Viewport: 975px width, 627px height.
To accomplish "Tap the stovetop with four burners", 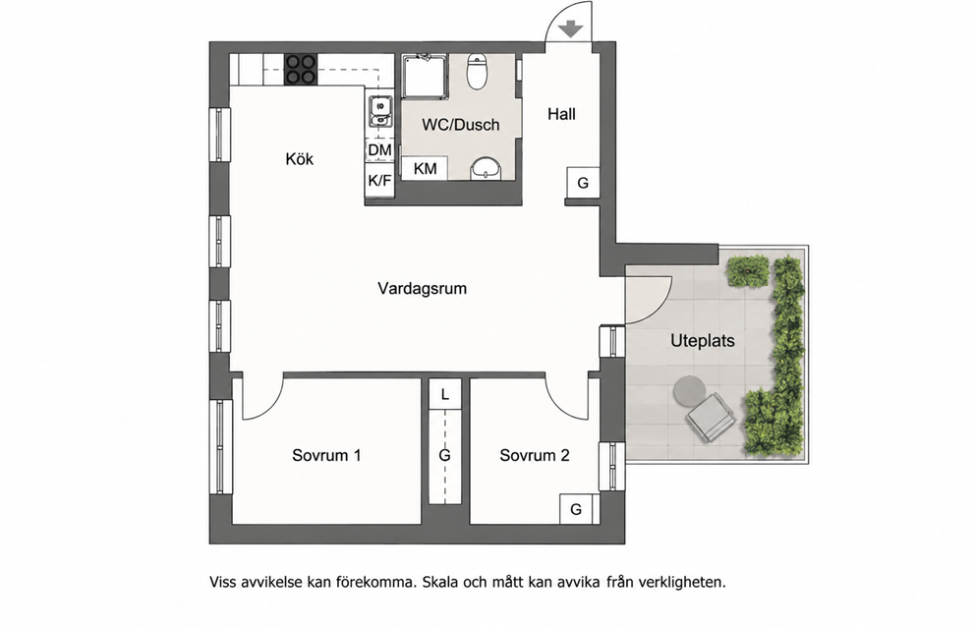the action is pos(301,70).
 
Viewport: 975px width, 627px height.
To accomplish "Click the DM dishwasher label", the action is pos(380,150).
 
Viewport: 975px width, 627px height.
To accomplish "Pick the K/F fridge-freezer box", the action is pos(380,181).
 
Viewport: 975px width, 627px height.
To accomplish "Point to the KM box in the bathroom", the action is pos(425,169).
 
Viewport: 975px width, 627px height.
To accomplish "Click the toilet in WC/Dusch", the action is pos(478,72).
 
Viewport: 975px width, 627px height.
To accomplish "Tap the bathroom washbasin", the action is pos(487,169).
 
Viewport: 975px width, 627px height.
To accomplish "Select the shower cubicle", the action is pos(425,76).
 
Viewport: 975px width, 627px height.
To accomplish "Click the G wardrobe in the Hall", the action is pos(583,183).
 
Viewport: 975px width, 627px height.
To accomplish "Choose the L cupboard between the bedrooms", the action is pos(444,394).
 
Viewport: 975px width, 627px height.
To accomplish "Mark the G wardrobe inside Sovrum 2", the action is pos(576,509).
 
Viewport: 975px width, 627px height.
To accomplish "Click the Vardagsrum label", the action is pos(423,289).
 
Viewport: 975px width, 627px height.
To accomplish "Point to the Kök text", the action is pos(300,158).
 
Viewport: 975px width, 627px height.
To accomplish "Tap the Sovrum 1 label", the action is pos(326,455).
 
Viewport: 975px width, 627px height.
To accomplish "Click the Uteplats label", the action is pos(703,341).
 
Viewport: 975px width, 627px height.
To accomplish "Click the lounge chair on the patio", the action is pos(710,417).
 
